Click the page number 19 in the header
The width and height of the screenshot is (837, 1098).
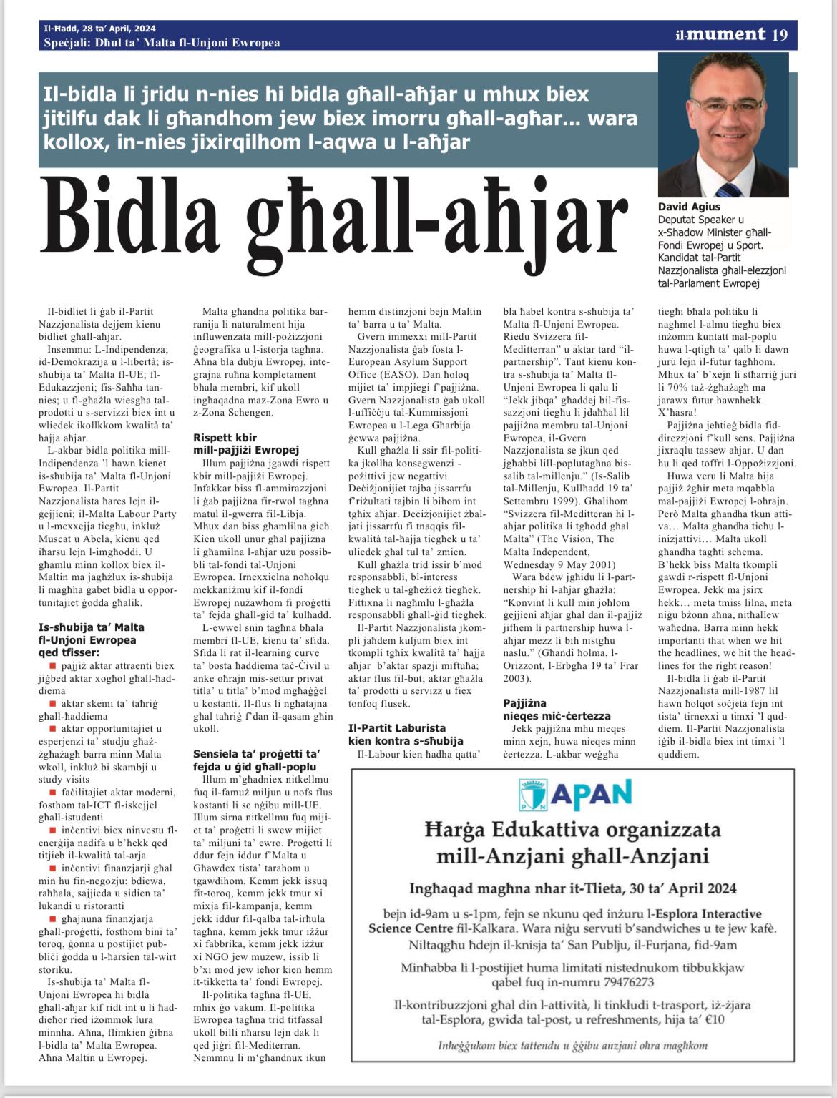click(779, 34)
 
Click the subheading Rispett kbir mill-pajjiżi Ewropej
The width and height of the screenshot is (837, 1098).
click(245, 443)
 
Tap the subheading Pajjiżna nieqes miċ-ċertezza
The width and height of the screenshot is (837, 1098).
click(556, 710)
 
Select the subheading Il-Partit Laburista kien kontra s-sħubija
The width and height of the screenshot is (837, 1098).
click(406, 735)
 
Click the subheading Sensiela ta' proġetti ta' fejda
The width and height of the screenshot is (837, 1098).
click(256, 760)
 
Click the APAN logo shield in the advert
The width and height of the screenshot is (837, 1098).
click(532, 795)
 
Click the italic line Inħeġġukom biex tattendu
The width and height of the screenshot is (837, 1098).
click(572, 1045)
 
